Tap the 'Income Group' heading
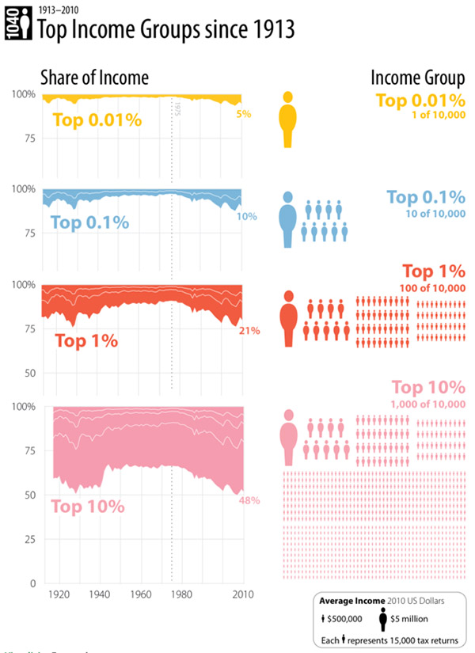click(x=418, y=78)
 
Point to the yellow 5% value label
click(x=244, y=114)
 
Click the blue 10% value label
click(x=246, y=216)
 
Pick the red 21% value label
click(x=249, y=330)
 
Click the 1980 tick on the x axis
click(x=181, y=594)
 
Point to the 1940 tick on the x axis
click(x=100, y=594)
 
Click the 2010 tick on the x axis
click(x=242, y=594)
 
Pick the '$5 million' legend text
click(x=412, y=618)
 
